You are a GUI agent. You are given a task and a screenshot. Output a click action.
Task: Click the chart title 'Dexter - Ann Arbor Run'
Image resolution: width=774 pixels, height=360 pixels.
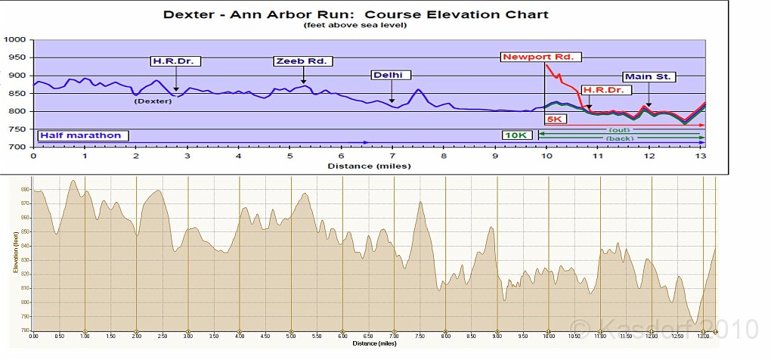(x=354, y=14)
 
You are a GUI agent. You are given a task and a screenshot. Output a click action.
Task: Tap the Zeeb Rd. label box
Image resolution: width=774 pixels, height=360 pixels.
(x=303, y=61)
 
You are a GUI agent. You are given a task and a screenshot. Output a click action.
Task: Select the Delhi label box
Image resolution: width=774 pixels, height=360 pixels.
(x=391, y=75)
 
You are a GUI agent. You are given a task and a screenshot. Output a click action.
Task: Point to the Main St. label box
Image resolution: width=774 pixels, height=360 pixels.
(x=649, y=76)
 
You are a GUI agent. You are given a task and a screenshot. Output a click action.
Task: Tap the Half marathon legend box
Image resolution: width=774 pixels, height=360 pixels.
(x=82, y=135)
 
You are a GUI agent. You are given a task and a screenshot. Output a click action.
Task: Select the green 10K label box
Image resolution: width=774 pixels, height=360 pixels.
(x=519, y=135)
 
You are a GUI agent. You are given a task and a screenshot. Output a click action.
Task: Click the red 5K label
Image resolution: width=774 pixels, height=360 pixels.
(x=556, y=119)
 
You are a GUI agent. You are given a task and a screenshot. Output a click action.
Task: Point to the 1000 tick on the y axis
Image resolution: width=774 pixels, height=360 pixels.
(x=14, y=40)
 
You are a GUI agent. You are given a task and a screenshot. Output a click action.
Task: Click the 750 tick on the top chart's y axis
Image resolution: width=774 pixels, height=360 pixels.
(x=17, y=129)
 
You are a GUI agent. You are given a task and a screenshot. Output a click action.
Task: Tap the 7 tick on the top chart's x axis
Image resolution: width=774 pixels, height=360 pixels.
(x=392, y=156)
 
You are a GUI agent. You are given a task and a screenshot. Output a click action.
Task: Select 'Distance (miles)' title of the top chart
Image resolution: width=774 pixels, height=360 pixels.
(x=369, y=166)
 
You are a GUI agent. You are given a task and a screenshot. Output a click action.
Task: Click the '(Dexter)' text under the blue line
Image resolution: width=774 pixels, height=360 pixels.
(x=153, y=101)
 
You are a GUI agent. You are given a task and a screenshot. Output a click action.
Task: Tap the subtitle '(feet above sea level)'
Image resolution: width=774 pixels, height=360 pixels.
(x=355, y=25)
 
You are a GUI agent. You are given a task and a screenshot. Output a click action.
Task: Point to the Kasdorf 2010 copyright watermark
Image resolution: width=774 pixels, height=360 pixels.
(x=663, y=327)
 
